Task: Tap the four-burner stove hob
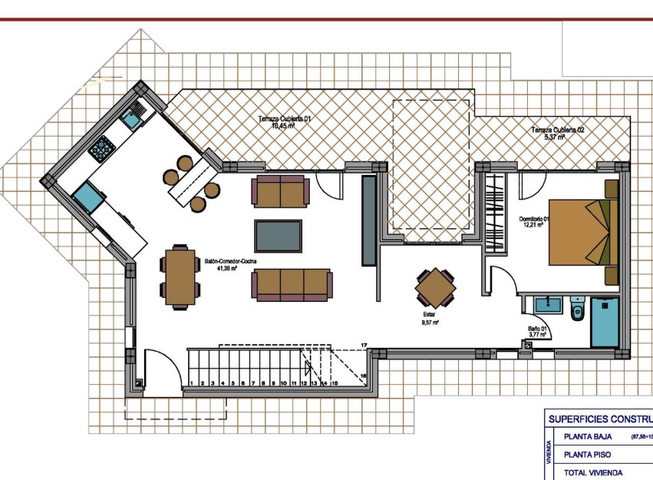(101, 147)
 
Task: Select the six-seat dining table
(180, 277)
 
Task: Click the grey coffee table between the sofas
(279, 236)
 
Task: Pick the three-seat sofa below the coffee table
(291, 284)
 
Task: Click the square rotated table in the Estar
(436, 288)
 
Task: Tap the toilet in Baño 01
(578, 309)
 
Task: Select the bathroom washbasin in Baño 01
(548, 304)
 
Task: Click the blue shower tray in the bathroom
(605, 323)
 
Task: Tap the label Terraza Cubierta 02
(558, 131)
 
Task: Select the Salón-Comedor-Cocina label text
(230, 262)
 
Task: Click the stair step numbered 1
(191, 382)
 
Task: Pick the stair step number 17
(364, 346)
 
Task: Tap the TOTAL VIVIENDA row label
(593, 472)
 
